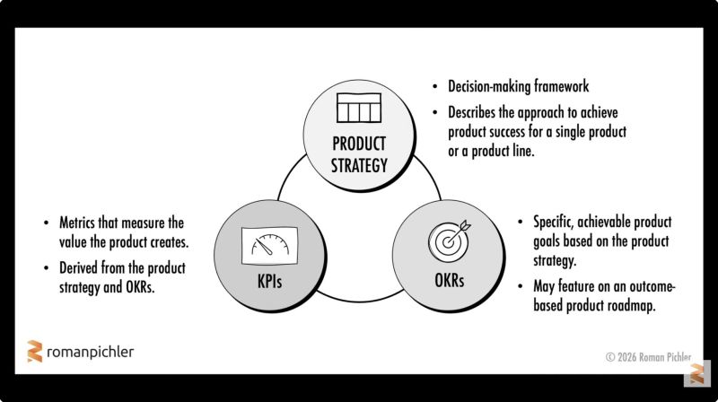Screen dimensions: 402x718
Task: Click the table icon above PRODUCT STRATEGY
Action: tap(359, 108)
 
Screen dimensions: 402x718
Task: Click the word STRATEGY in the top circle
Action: tap(359, 165)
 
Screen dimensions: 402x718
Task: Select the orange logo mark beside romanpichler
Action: tap(34, 352)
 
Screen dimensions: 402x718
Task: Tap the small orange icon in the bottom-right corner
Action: tap(696, 372)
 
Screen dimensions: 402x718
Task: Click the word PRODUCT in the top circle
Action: tap(359, 144)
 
